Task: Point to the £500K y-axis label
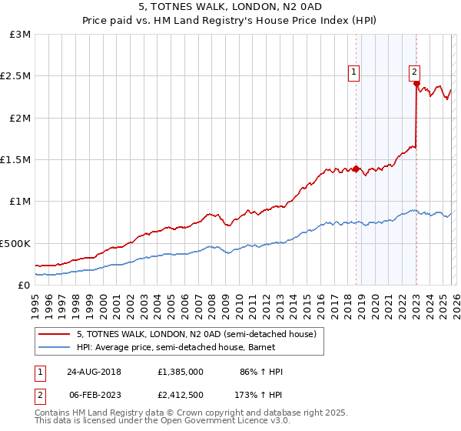(15, 243)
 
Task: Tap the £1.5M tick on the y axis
(15, 160)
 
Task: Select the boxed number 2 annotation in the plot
(414, 72)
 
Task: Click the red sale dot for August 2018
(357, 169)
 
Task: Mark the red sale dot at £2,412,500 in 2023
(416, 84)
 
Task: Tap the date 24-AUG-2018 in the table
(98, 372)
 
